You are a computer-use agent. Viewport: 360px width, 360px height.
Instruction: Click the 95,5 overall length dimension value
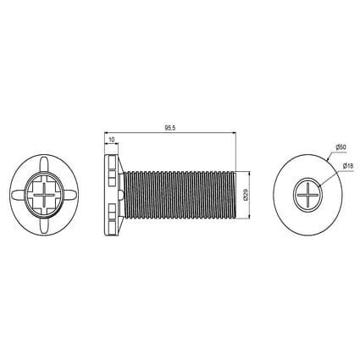coord(170,128)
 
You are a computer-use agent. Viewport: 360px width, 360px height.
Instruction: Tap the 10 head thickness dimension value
coord(112,139)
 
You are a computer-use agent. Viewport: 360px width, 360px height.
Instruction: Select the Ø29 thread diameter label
coord(246,195)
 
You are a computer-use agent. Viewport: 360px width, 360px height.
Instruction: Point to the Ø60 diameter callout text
coord(341,147)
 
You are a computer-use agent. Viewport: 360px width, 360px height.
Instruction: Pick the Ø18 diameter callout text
coord(348,166)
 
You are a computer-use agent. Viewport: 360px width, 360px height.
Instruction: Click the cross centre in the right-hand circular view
coord(307,194)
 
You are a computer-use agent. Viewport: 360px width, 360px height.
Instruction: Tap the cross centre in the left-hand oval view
coord(44,195)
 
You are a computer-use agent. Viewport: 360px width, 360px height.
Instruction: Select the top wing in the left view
coord(44,164)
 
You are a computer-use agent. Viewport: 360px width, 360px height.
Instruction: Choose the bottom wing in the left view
coord(44,225)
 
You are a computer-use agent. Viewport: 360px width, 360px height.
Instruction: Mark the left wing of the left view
coord(19,195)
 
